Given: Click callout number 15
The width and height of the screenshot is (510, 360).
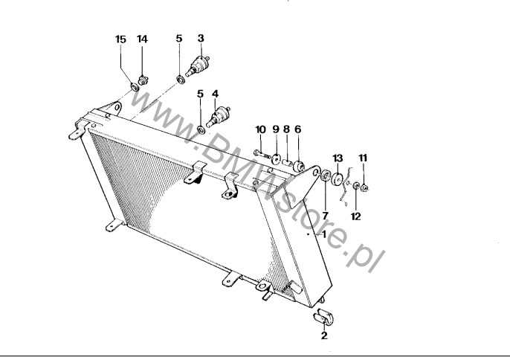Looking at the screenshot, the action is (120, 39).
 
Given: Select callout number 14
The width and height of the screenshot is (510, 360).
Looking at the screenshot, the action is (143, 39).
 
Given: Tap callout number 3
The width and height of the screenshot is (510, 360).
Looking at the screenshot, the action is (201, 38).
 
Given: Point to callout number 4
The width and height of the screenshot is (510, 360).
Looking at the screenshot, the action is (215, 94).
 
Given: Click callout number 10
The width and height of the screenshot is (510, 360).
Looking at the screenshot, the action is (260, 129).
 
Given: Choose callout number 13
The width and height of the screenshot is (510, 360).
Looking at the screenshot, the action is (338, 158).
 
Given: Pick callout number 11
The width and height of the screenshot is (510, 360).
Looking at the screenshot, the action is (363, 158).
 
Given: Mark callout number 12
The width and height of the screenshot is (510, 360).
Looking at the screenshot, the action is (356, 216).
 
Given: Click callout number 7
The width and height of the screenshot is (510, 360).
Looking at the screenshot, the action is (325, 216).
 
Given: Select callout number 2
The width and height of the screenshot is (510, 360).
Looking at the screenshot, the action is (324, 335).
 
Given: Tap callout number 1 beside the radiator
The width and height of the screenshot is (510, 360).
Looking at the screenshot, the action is (323, 234).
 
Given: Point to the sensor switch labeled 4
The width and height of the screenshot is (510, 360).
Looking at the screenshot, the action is (218, 117).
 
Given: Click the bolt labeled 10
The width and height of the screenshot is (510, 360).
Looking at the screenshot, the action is (262, 154).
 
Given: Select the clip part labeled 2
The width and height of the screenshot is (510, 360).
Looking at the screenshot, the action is (323, 316).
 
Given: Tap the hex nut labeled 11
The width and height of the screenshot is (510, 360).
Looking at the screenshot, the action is (364, 188).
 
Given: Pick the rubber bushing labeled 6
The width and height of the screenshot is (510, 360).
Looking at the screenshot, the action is (299, 166).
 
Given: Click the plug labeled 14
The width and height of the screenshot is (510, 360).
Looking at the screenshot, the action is (143, 80).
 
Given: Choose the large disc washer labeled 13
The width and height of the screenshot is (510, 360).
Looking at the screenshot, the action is (337, 179).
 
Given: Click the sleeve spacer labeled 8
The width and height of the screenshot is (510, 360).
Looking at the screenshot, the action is (285, 161).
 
